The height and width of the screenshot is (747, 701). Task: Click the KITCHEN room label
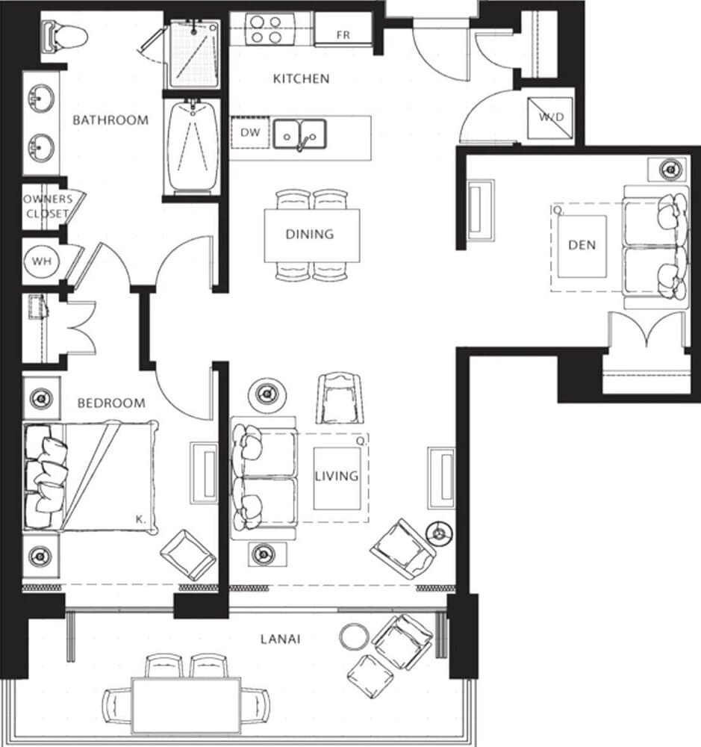click(x=301, y=78)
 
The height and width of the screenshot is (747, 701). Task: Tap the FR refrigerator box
click(x=343, y=35)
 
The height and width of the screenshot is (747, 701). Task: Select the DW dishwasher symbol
click(x=249, y=133)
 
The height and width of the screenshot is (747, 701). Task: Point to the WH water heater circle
click(x=41, y=262)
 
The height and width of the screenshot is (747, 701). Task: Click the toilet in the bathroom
click(x=63, y=35)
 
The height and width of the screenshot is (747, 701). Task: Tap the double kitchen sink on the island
click(x=299, y=135)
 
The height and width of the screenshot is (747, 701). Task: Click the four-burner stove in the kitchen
click(x=265, y=29)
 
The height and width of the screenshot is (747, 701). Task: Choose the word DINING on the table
click(x=310, y=235)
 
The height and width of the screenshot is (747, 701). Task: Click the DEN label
click(x=582, y=245)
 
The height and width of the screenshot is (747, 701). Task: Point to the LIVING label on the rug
click(x=336, y=476)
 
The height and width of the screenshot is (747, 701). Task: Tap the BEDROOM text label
click(x=111, y=403)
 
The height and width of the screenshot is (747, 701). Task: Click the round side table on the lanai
click(x=355, y=637)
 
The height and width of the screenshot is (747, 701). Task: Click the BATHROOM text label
click(x=110, y=120)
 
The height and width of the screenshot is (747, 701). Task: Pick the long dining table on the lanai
click(x=186, y=704)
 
